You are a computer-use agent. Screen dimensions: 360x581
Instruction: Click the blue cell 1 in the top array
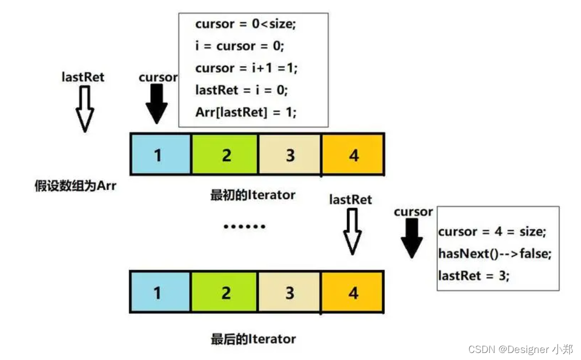point(160,155)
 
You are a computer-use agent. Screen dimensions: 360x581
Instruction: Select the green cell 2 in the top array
point(225,155)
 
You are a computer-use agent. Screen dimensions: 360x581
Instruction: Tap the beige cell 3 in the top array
point(290,155)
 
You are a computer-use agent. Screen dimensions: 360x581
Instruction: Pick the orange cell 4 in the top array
point(352,155)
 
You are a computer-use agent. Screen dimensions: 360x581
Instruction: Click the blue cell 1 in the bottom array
point(160,293)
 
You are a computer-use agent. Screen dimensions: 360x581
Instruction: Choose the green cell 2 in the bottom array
point(225,293)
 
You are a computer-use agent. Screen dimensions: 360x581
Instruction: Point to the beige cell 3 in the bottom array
point(290,293)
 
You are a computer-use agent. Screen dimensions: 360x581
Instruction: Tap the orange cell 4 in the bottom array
point(352,293)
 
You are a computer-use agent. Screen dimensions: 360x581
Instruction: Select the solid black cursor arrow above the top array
point(157,104)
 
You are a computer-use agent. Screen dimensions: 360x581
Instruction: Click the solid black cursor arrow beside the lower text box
point(413,239)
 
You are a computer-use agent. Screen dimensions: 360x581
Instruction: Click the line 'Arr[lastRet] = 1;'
point(246,112)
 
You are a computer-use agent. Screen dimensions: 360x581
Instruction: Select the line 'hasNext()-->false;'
point(495,253)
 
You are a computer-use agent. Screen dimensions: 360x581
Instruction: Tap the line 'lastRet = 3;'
point(474,275)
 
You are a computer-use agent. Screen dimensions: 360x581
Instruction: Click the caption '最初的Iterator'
point(252,195)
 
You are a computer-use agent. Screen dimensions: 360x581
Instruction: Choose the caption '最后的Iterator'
point(253,339)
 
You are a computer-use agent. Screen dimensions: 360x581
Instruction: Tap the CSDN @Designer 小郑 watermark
point(521,349)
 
